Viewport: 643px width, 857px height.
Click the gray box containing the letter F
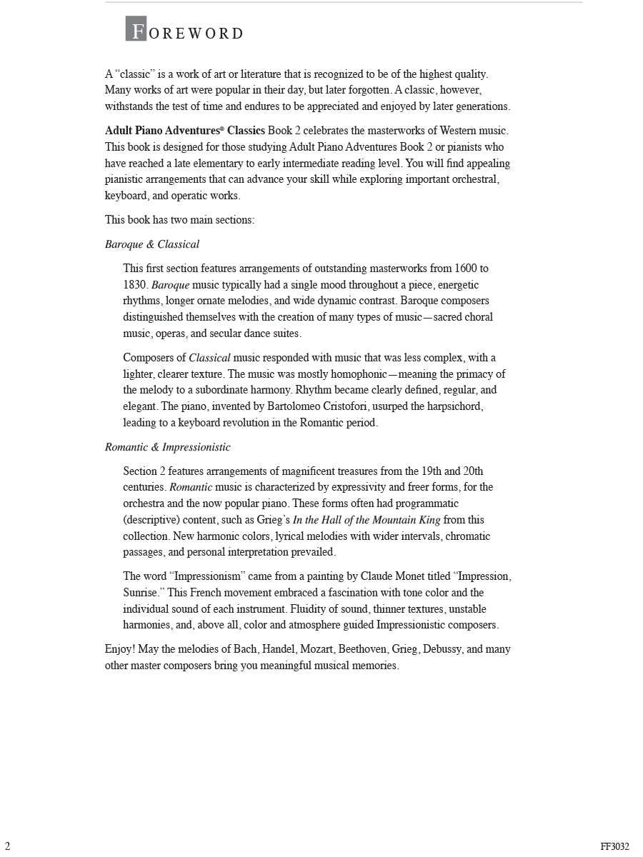(x=136, y=29)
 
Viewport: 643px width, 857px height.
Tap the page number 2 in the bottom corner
(x=7, y=846)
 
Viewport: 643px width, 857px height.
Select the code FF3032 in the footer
(x=614, y=847)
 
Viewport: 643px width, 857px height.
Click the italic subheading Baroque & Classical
(x=152, y=244)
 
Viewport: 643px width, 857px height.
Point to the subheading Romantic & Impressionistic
(x=168, y=447)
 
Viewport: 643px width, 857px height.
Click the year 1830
(x=135, y=285)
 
